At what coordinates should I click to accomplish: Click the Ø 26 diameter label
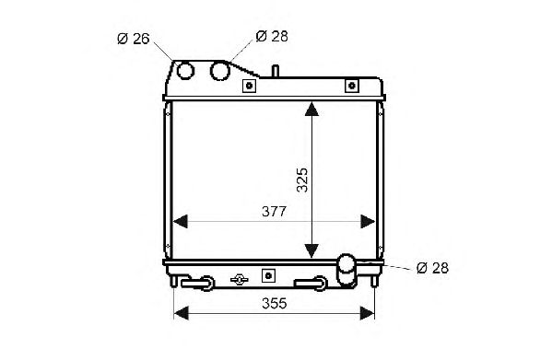point(134,39)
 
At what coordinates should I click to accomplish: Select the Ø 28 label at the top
point(272,36)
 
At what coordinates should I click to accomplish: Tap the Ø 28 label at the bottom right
point(432,268)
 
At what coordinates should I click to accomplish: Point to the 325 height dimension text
point(302,180)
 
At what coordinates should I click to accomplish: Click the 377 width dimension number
point(275,212)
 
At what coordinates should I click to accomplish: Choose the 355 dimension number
point(275,304)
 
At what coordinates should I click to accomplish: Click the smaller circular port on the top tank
point(185,70)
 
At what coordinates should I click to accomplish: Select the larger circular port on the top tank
point(220,71)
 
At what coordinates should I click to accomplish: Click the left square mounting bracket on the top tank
point(249,86)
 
